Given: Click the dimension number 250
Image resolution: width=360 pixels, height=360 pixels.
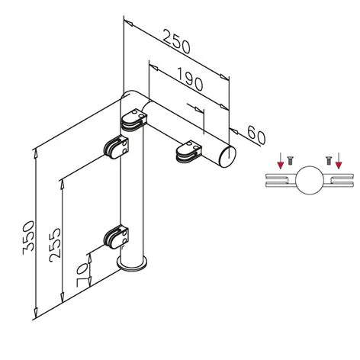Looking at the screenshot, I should [x=176, y=45].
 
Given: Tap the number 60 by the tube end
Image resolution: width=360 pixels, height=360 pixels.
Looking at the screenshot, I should [x=256, y=137].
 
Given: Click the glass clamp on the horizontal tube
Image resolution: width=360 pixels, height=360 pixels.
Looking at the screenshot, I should [x=188, y=151].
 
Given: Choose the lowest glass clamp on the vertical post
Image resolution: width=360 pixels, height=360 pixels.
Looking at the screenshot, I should [x=117, y=237].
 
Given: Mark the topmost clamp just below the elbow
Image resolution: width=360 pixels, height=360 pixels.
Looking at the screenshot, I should [x=133, y=121].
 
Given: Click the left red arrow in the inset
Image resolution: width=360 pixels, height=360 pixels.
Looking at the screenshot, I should [x=281, y=160].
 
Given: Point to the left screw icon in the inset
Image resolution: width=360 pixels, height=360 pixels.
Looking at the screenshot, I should [x=291, y=161].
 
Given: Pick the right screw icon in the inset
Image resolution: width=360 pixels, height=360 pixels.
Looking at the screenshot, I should [x=328, y=161].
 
